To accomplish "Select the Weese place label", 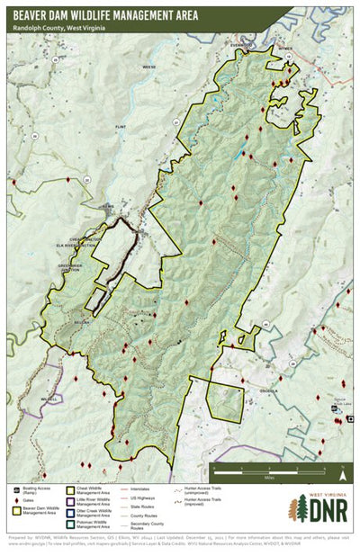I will tap(149, 66).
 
